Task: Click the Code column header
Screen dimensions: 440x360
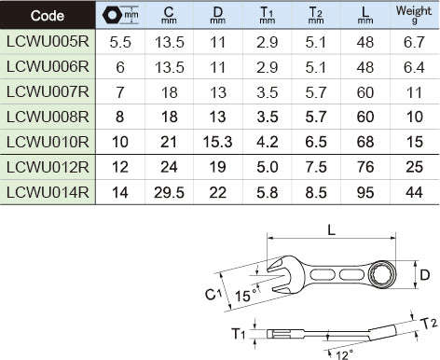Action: (48, 16)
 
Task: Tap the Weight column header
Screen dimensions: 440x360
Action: (414, 14)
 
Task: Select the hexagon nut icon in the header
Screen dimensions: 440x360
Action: (112, 15)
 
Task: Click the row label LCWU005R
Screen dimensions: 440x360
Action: (48, 41)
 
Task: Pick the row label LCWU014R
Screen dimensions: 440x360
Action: (48, 192)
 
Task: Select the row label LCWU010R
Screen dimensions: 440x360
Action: (48, 142)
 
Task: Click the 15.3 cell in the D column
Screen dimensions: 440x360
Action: (217, 142)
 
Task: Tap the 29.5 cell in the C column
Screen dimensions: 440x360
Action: (169, 192)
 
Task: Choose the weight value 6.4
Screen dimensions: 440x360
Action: (414, 67)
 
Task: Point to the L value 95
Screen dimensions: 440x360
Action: (365, 192)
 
